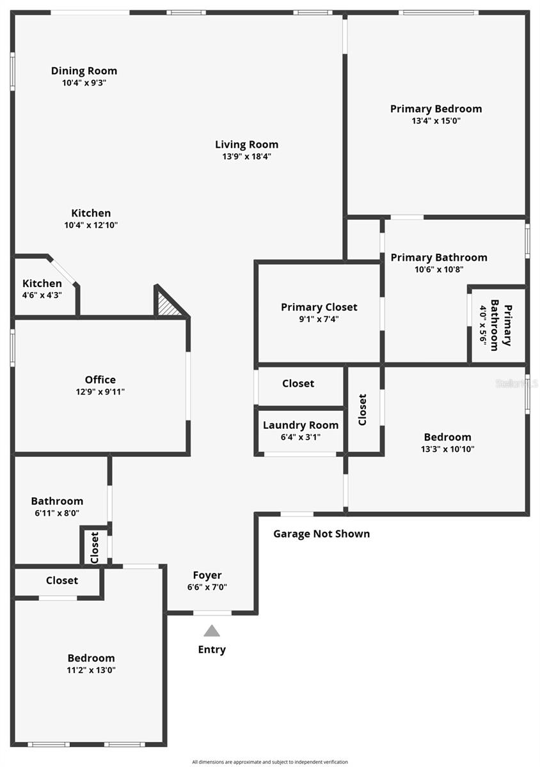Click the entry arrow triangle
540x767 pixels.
212,631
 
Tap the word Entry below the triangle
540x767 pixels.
212,649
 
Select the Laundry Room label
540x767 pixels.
301,425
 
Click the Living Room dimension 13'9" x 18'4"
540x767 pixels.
247,156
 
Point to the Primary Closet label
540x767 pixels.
319,307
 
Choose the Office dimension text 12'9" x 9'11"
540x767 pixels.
100,392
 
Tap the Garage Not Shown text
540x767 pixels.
322,534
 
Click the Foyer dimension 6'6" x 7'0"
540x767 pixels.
207,587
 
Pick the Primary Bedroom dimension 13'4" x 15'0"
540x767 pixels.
436,120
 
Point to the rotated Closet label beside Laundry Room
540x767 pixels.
363,409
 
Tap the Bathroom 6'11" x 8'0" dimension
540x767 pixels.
57,513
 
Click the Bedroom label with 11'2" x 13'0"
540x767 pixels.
91,658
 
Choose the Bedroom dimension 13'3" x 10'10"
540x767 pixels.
448,449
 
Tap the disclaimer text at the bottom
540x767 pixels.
270,762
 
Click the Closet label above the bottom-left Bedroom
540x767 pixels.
62,580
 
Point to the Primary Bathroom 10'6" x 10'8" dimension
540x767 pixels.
439,269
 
